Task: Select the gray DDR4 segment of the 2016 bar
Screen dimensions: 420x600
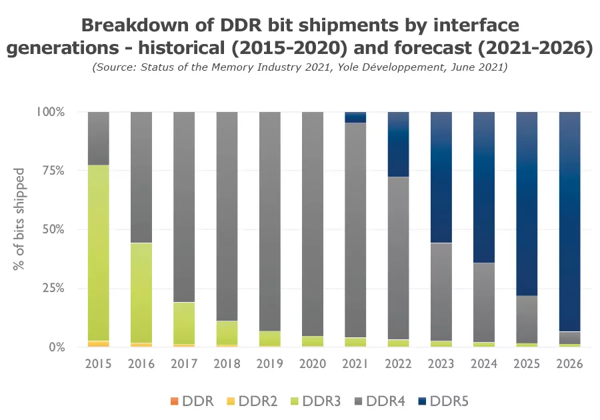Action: coord(141,177)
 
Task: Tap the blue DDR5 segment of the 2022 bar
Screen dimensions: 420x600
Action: coord(399,144)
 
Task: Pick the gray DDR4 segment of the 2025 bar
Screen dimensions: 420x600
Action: coord(527,319)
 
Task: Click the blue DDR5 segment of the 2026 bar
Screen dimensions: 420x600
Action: coord(570,220)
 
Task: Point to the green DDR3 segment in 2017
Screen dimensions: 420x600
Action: coord(184,323)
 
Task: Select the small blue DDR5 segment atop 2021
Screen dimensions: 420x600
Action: coord(355,117)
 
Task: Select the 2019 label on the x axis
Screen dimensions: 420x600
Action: coord(270,364)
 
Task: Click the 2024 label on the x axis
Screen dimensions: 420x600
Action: coord(484,364)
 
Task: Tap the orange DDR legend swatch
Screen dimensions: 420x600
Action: coord(175,401)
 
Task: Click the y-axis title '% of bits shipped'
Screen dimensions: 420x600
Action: coord(19,219)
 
